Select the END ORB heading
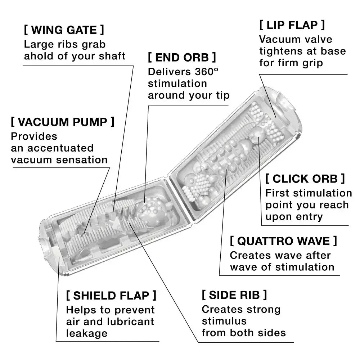coord(182,57)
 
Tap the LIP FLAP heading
coord(292,25)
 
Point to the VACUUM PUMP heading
coord(62,122)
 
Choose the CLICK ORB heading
coord(305,179)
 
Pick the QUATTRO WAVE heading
coord(283,241)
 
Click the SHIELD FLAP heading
coord(111,296)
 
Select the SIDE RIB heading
coord(234,295)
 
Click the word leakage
coord(87,333)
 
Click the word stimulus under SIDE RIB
coord(224,321)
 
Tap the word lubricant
coord(134,321)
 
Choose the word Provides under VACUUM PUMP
coord(34,136)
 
